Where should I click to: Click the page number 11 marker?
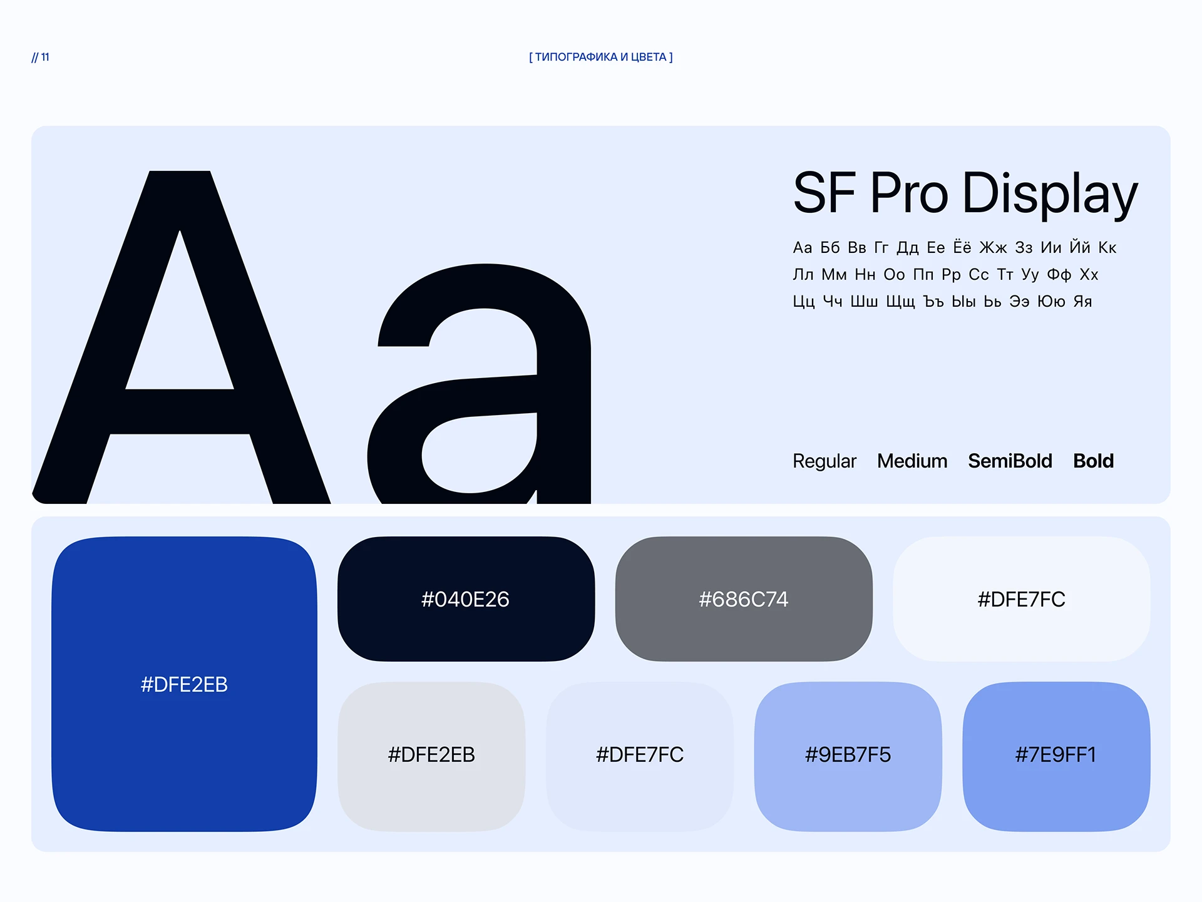point(41,57)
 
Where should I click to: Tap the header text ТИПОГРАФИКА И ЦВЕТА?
point(601,57)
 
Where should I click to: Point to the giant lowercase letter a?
point(480,384)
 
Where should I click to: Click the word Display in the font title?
point(1050,194)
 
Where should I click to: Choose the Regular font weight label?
point(824,461)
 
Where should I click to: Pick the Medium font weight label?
point(912,461)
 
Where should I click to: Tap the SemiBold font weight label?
point(1010,461)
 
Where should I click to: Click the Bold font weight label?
point(1094,461)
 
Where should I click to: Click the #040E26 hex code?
point(465,599)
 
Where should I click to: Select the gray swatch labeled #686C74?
point(744,598)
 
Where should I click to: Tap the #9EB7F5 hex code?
point(848,755)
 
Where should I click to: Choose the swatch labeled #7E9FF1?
point(1056,756)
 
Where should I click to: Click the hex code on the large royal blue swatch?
point(184,684)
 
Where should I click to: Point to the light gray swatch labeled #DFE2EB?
point(431,756)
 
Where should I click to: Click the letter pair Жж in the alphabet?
point(993,248)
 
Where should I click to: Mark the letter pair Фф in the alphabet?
point(1059,275)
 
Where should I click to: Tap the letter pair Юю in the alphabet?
point(1051,302)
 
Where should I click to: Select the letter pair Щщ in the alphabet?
point(900,302)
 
